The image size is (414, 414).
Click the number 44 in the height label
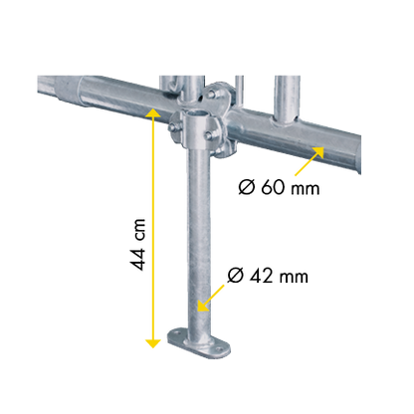coord(137,259)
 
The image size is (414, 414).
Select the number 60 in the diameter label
coord(273,187)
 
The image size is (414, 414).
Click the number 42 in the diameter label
coord(261,276)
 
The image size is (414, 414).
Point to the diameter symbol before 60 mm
coord(247,187)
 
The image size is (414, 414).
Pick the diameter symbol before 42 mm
coord(236,276)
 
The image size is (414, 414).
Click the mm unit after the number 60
coord(305,189)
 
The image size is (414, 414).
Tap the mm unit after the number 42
coord(294,278)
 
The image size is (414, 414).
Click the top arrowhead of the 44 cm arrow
coord(153,112)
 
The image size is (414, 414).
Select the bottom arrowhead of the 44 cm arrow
coord(153,343)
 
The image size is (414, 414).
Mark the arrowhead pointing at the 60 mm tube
coord(318,152)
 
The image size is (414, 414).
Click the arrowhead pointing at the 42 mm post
coord(203,306)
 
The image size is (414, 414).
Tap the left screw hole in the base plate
coord(176,331)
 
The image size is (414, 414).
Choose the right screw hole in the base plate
coord(218,349)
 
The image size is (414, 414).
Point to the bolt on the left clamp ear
coord(172,127)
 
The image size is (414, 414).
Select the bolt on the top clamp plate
coord(211,95)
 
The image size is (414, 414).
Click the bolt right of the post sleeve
coord(208,135)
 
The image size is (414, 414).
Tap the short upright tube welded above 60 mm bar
coord(287,100)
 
